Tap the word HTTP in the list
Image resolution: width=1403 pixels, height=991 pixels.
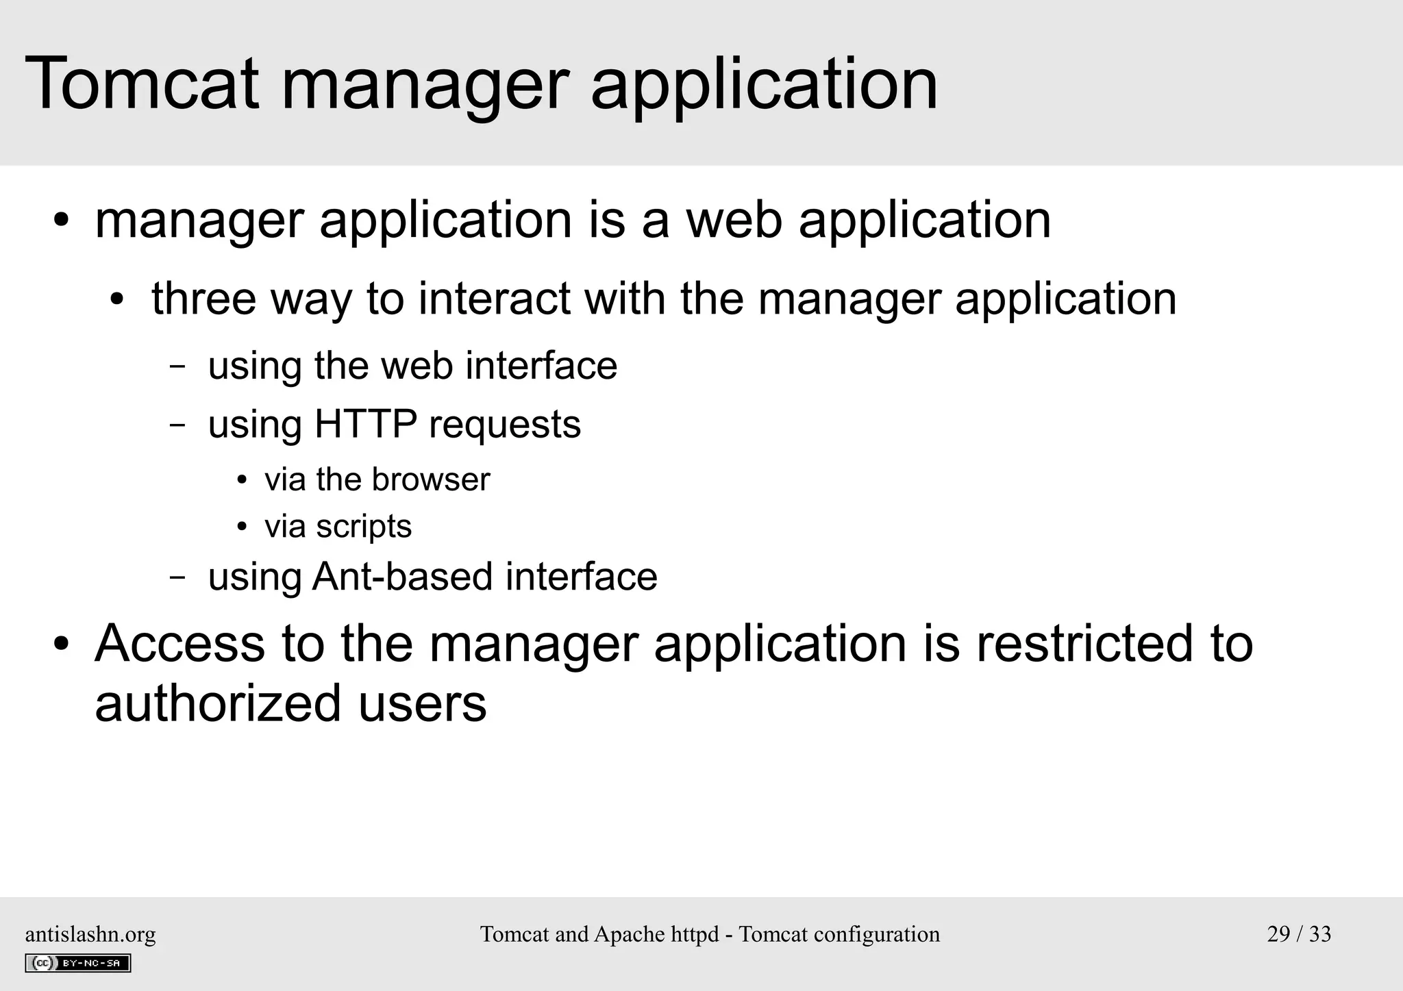(365, 424)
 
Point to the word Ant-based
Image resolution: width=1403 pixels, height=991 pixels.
(402, 576)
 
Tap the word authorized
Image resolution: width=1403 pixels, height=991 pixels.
(218, 703)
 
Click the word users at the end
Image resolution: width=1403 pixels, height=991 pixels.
(422, 703)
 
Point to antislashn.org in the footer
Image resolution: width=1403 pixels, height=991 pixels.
(90, 934)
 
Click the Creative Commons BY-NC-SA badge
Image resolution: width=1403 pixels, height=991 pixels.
(78, 963)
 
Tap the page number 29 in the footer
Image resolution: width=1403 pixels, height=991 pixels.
(1278, 934)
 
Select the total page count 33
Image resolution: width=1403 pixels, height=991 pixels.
(1320, 934)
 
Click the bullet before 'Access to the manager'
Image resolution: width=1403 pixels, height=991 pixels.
(62, 644)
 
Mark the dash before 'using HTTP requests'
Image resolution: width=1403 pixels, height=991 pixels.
(177, 425)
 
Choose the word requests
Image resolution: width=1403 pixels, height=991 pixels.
(504, 424)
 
